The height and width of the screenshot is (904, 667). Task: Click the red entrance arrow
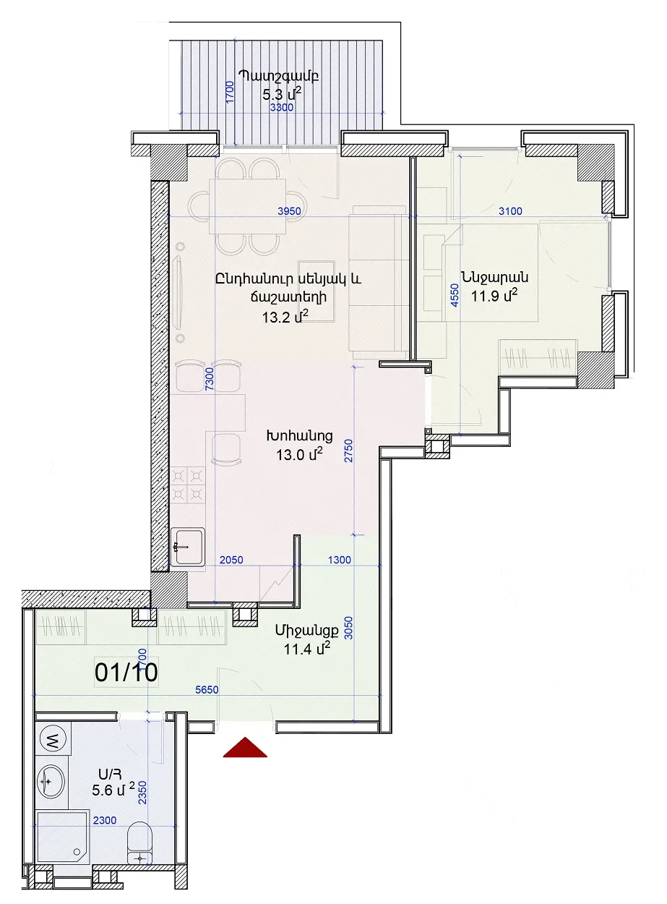click(x=245, y=748)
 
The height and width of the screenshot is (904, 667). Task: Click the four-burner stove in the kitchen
click(x=187, y=485)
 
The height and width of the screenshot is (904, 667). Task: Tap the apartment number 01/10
click(x=126, y=672)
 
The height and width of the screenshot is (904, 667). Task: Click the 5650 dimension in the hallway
click(x=207, y=689)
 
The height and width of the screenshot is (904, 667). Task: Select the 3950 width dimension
click(x=289, y=211)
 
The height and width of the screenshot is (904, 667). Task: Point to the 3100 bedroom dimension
click(x=510, y=211)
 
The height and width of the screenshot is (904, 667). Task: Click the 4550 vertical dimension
click(x=455, y=294)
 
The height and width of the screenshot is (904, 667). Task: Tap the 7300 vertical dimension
click(x=209, y=379)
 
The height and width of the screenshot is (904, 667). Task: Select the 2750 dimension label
click(x=349, y=451)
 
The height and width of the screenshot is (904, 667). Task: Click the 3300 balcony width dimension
click(x=282, y=108)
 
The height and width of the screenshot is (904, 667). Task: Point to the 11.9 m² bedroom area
click(x=494, y=295)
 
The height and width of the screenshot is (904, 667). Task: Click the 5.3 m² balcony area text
click(x=282, y=95)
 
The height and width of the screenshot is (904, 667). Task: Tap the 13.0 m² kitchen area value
click(x=299, y=454)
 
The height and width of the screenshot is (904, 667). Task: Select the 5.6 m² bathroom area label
click(x=113, y=790)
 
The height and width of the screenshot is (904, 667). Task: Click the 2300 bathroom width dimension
click(x=105, y=820)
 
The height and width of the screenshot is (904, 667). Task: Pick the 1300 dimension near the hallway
click(x=339, y=560)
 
